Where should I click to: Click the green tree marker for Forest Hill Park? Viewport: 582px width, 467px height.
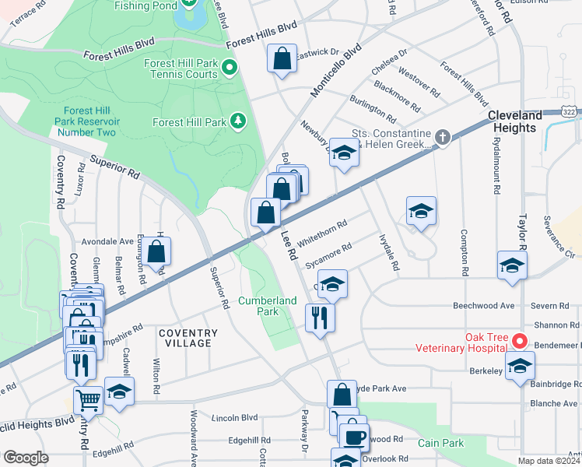pos(237,121)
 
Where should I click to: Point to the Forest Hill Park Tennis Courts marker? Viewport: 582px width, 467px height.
pos(229,69)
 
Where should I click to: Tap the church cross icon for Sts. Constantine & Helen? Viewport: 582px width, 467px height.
pos(442,138)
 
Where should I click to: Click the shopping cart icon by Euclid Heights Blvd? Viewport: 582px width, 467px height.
pos(88,399)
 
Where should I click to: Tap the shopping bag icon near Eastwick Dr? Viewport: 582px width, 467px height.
pos(282,58)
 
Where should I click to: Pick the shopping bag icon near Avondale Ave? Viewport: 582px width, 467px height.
pos(156,251)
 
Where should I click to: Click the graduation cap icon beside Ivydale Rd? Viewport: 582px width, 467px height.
pos(421,210)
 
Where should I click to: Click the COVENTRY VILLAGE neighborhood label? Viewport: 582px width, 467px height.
pos(188,338)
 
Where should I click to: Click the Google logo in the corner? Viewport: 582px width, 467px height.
pos(26,458)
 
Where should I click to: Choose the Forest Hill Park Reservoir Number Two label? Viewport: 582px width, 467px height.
pos(86,122)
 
